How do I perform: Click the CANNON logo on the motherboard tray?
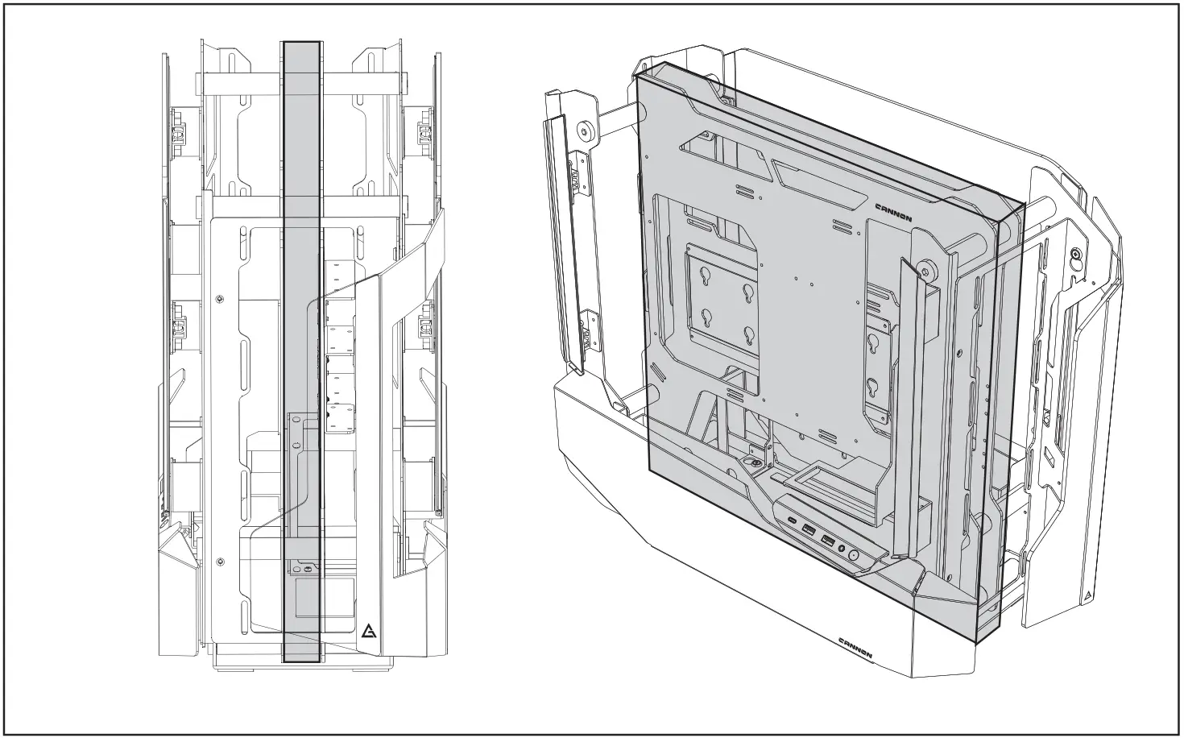(893, 213)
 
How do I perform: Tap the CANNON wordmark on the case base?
(855, 648)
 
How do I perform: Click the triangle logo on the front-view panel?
(369, 631)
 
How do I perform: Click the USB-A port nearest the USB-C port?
(809, 529)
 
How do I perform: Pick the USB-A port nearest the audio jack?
(828, 541)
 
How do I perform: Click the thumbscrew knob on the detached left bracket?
(585, 129)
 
